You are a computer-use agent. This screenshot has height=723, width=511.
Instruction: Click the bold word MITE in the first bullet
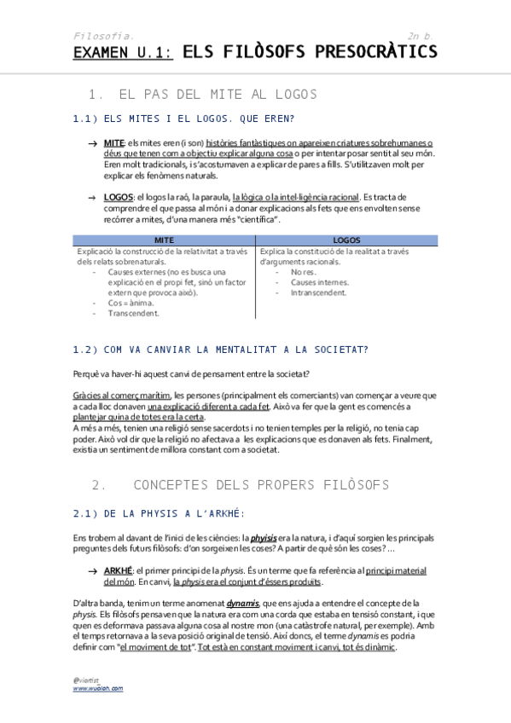click(x=113, y=142)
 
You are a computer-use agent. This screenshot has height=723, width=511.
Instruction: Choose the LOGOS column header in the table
click(x=346, y=240)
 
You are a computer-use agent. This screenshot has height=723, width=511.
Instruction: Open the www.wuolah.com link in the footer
click(x=98, y=687)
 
